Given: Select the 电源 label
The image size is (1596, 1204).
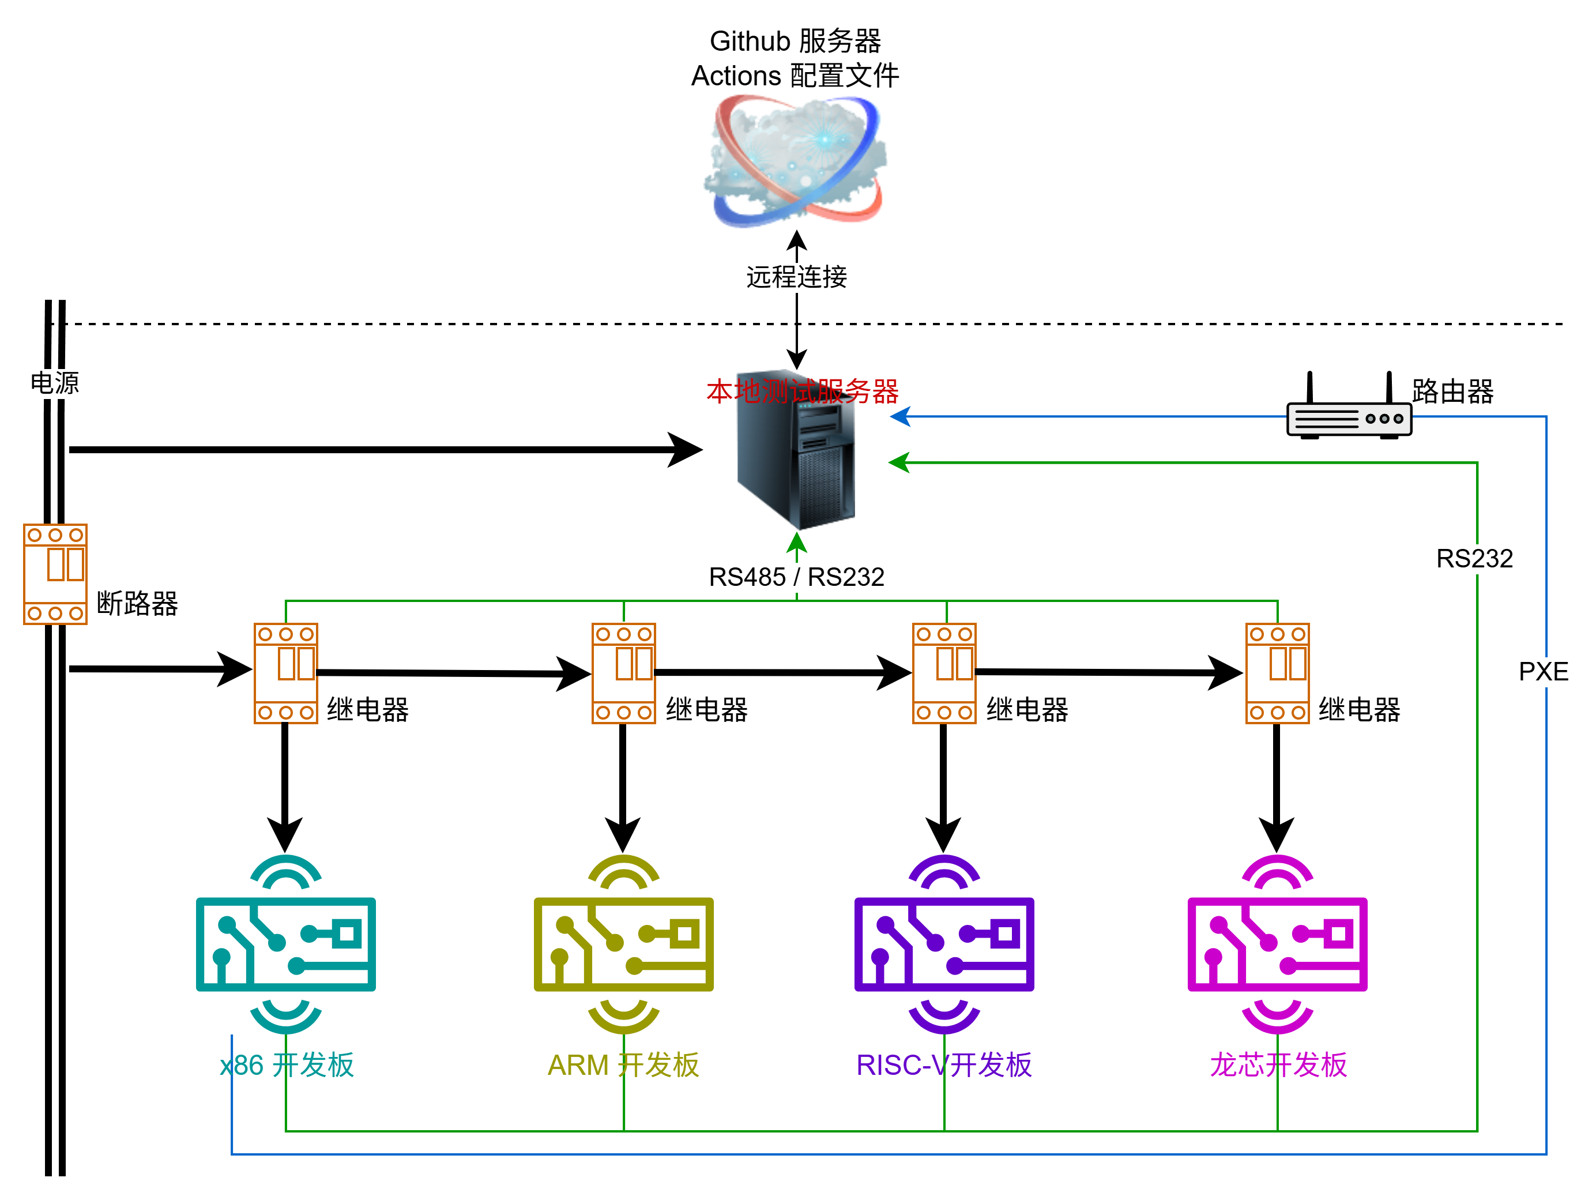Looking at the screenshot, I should pos(55,383).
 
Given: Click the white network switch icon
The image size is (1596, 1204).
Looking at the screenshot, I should pos(1349,419).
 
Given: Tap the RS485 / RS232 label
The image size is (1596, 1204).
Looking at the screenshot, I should pos(796,577).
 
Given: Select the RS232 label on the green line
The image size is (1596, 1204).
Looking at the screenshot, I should pos(1474,558).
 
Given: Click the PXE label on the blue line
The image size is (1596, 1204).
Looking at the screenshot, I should pos(1544,672).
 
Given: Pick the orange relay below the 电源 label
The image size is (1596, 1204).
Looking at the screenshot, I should pos(55,574).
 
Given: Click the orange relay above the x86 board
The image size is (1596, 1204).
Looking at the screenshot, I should pos(286,673).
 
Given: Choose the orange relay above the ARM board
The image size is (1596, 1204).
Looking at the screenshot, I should pos(623,673).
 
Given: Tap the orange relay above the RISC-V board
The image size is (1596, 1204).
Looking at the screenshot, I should pos(944,673).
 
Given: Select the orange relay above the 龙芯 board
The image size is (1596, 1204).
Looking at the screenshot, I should pos(1277,673).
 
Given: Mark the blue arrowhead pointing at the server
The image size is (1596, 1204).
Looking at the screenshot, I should pos(899,416).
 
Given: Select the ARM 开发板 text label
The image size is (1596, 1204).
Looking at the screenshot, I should pos(623,1065).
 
